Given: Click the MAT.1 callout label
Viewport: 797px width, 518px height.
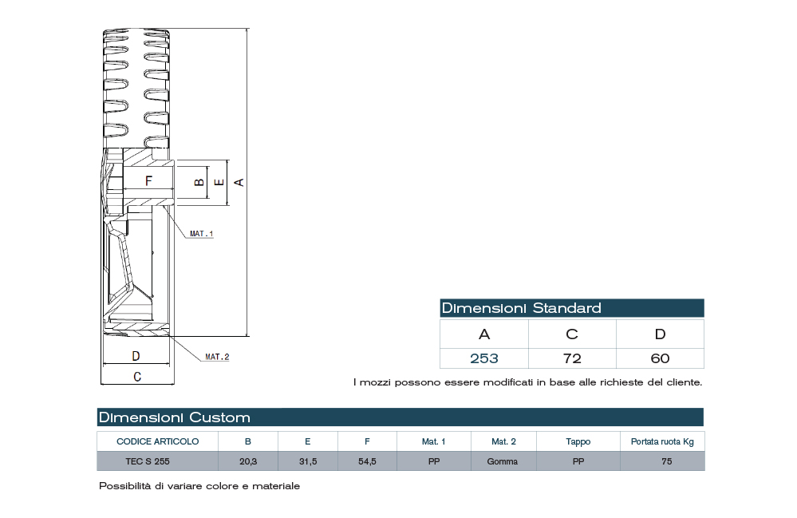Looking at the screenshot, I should (x=202, y=234).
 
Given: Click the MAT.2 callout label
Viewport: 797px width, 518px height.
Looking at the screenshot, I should (x=217, y=357).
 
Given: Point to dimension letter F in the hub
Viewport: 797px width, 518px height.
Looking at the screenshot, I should (x=148, y=181).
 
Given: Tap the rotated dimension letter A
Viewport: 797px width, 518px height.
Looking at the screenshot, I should (x=239, y=182).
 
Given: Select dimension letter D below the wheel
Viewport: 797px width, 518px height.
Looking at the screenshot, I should (x=136, y=356).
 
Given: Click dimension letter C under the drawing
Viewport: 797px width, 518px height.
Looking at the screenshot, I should (x=136, y=376).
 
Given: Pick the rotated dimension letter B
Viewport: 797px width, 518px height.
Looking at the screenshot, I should (x=199, y=182).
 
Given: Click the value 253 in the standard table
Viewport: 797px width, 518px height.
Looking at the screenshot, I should (x=484, y=358).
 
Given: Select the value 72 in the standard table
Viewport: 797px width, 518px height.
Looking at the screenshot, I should (x=572, y=358).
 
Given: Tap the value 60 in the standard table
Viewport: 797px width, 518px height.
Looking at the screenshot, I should (x=660, y=358).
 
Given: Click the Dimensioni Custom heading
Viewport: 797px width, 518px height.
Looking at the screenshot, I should (x=174, y=417).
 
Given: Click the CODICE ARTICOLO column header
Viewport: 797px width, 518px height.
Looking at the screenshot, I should (x=157, y=441).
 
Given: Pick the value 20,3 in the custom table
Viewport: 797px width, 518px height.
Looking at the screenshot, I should (x=247, y=461).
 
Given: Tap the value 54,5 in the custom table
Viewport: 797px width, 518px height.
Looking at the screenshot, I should (x=367, y=461).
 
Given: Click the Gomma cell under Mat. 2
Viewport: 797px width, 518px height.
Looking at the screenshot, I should (x=503, y=461).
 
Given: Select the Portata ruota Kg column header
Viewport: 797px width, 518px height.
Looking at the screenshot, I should (x=662, y=441).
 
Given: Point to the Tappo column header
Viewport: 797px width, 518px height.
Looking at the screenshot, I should (x=578, y=441).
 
